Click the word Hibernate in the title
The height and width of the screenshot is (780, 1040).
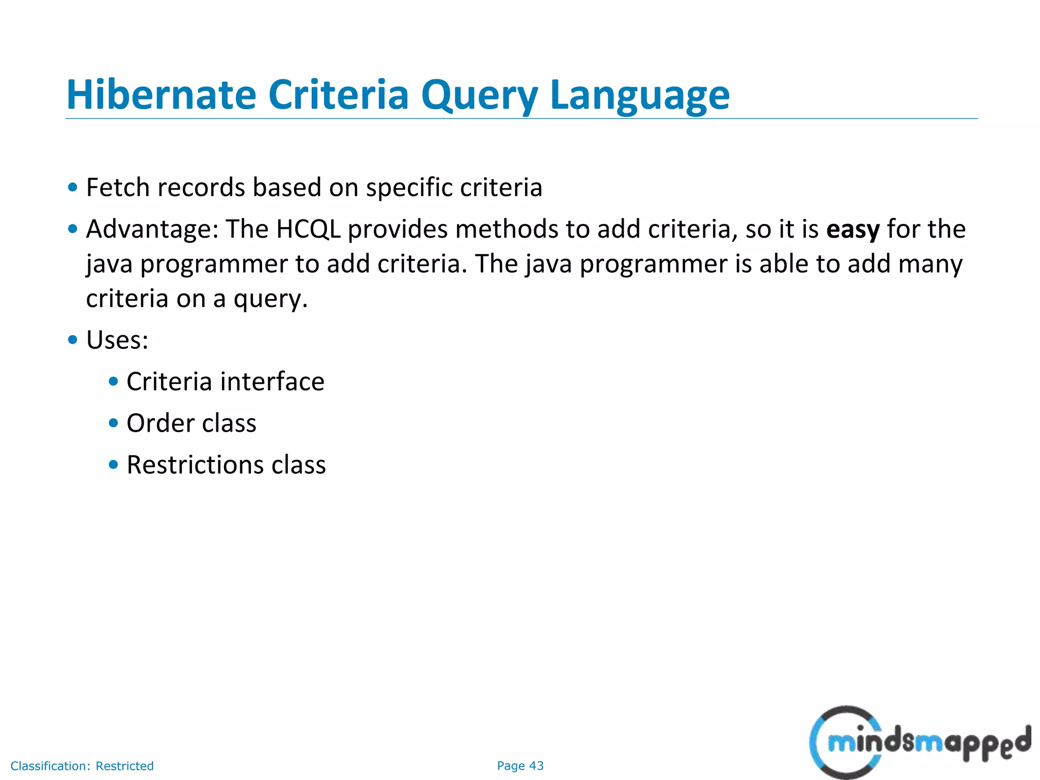[161, 94]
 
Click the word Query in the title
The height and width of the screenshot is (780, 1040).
[479, 95]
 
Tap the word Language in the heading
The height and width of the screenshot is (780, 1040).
[639, 95]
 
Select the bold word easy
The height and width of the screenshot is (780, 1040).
[852, 230]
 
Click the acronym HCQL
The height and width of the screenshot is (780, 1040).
[308, 230]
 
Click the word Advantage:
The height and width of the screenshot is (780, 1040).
[152, 230]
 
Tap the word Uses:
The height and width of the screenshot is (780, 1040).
[117, 340]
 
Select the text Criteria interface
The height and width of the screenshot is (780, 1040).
[225, 382]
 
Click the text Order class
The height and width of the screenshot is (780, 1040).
[191, 424]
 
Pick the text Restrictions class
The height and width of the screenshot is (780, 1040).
[226, 465]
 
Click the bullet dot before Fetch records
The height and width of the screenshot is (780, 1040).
[73, 187]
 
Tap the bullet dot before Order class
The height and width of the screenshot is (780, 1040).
[113, 423]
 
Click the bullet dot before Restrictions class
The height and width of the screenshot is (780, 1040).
[113, 465]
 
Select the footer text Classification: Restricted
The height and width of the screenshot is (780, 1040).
[82, 766]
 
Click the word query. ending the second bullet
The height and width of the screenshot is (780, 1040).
[270, 299]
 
